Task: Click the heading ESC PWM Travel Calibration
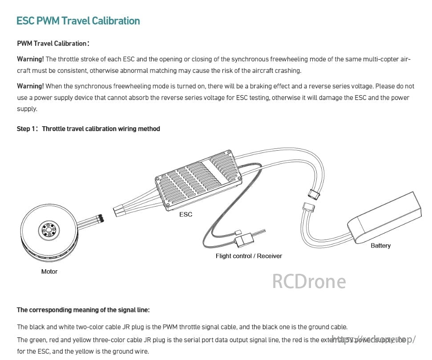tap(78, 21)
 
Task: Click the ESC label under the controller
tap(186, 214)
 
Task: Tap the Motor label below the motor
tap(49, 271)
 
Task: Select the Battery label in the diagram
tap(380, 245)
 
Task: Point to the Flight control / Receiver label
tap(249, 256)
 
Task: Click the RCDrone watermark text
tap(309, 281)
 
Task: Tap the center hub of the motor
tap(48, 230)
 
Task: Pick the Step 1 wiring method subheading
tap(88, 129)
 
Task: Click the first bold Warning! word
tap(30, 59)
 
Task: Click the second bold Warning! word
tap(30, 86)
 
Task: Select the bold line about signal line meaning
tap(83, 310)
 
